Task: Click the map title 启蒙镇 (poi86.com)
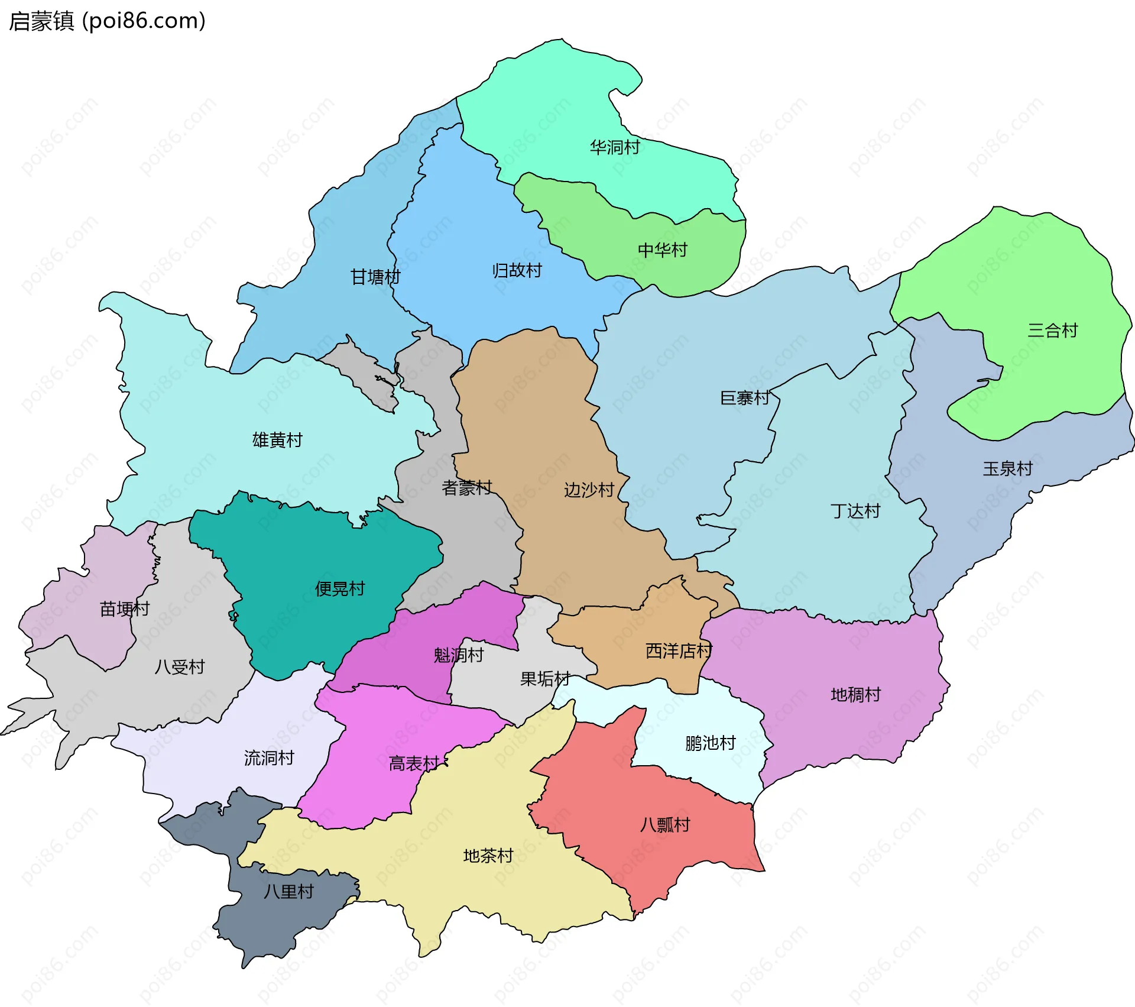click(107, 21)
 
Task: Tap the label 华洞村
click(615, 147)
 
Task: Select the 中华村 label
click(662, 250)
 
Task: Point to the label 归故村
click(517, 270)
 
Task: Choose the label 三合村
click(1052, 330)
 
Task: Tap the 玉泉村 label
click(1007, 468)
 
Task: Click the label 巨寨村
click(744, 397)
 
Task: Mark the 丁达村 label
click(855, 510)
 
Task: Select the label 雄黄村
click(277, 439)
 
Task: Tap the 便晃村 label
click(340, 588)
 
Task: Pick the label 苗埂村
click(124, 608)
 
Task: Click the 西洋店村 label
click(678, 650)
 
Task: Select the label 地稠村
click(855, 694)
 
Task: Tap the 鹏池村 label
click(710, 743)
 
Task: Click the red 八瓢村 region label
click(665, 824)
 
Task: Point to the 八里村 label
click(288, 891)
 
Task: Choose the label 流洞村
click(269, 757)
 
